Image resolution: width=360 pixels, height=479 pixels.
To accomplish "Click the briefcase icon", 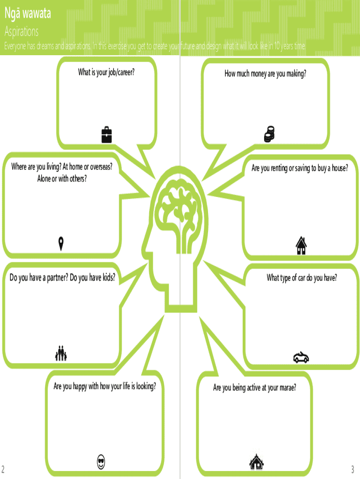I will click(107, 134).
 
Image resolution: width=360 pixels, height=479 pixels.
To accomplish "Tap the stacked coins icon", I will click(268, 134).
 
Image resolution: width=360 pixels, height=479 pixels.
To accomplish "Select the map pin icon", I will click(61, 243).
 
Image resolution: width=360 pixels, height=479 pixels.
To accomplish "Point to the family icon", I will click(61, 353).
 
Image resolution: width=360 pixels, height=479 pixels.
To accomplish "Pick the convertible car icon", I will click(301, 358).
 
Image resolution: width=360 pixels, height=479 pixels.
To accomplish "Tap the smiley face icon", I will click(101, 463).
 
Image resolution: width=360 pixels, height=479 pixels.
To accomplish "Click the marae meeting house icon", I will click(257, 463).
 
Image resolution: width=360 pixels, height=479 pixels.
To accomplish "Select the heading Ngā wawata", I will click(28, 14).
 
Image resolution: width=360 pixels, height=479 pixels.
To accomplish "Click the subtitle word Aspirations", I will click(22, 32).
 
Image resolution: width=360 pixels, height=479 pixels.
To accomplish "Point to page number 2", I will click(3, 469).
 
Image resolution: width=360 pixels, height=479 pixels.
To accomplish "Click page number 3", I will click(353, 469).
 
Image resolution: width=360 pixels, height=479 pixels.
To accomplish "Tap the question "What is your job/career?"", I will click(109, 72).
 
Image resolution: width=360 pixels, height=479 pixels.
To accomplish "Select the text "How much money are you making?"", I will click(265, 73).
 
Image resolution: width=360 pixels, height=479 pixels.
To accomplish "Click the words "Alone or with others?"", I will click(62, 178).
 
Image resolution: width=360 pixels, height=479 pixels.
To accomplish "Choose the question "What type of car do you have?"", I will click(302, 278).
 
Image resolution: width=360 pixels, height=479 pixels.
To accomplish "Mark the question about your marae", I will click(254, 388).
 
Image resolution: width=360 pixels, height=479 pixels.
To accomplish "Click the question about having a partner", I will click(62, 278).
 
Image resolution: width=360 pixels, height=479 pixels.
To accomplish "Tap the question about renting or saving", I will click(300, 168).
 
